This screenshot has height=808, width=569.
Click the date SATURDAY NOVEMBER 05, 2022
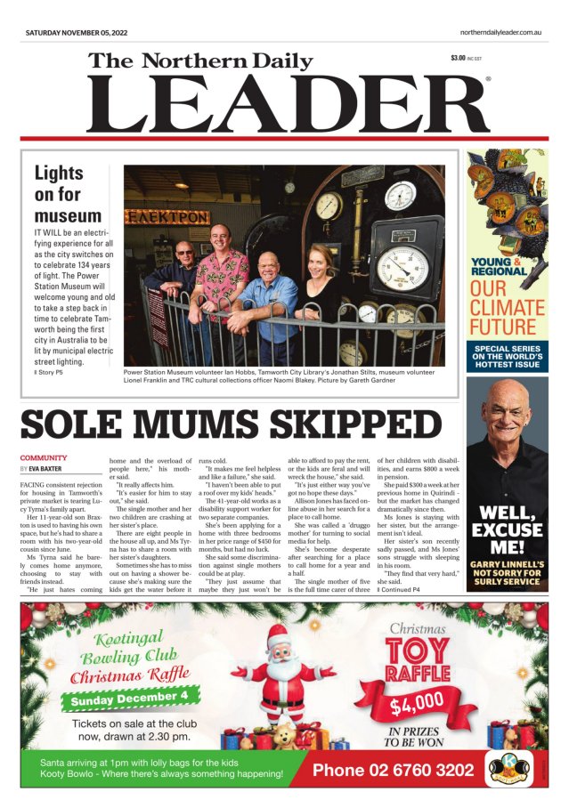(x=77, y=33)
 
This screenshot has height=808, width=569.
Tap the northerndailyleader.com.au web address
(x=501, y=33)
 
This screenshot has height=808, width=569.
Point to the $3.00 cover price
(x=459, y=59)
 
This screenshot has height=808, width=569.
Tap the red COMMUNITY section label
(x=44, y=457)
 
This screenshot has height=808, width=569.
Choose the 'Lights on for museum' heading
(x=68, y=193)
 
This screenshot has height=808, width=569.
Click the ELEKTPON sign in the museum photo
(x=154, y=216)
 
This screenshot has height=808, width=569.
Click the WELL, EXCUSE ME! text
(x=507, y=525)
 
